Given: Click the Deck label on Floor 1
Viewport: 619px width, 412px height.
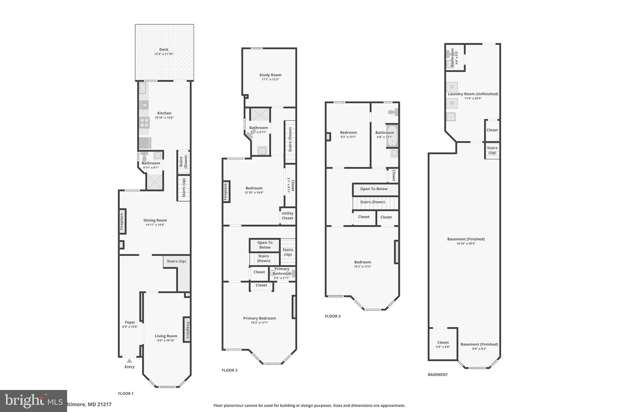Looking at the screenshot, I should click(164, 50).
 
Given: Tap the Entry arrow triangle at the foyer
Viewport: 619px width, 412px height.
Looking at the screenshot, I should click(129, 361).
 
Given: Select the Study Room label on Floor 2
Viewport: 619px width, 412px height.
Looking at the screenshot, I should click(270, 75).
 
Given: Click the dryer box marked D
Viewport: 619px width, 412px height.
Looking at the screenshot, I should click(452, 87).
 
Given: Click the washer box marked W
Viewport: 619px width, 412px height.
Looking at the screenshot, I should click(452, 103).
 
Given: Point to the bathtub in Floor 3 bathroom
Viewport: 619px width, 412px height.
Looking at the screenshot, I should click(392, 136).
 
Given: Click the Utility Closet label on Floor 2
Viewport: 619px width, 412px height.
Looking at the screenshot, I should click(287, 216).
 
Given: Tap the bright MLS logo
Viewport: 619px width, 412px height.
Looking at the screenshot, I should click(33, 401).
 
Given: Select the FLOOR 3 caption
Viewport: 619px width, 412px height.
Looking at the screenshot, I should click(332, 316).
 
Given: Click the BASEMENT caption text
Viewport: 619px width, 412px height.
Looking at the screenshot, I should click(438, 375).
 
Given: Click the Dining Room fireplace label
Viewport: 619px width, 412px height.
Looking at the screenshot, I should click(122, 221).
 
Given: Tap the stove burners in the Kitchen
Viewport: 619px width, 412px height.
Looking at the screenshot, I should click(144, 123).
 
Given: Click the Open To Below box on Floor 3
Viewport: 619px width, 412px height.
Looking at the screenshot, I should click(374, 189).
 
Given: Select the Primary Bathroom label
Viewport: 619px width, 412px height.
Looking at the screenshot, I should click(282, 271).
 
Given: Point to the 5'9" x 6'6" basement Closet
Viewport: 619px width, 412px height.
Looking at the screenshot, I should click(443, 344).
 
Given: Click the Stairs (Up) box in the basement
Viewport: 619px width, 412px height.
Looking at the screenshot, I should click(492, 150).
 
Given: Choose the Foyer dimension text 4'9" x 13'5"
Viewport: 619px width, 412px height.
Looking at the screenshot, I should click(130, 327).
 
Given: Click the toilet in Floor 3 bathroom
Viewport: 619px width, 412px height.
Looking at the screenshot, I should click(393, 112).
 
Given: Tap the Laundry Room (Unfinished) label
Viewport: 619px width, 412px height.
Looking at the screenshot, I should click(473, 94).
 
